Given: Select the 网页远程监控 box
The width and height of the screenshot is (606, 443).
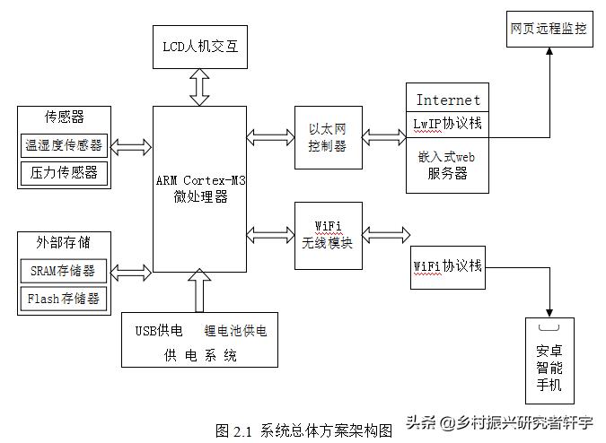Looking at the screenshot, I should [548, 30].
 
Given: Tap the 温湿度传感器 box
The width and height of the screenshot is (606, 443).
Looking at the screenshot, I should [64, 145].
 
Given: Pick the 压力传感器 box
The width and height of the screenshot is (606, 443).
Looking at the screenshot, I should [64, 172].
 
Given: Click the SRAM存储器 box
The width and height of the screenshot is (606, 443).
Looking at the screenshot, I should [64, 270].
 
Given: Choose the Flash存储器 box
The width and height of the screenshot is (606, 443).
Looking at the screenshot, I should [64, 298].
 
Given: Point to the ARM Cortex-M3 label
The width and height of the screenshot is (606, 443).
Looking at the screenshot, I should [199, 180].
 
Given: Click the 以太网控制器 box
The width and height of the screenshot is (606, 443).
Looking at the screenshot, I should [328, 137].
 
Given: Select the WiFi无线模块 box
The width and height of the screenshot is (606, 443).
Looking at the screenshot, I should [328, 235].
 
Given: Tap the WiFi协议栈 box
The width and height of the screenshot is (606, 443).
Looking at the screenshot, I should [448, 267].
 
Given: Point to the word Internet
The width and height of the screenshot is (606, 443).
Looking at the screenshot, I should [448, 100].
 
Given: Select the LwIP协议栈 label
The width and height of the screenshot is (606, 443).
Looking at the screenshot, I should [448, 124].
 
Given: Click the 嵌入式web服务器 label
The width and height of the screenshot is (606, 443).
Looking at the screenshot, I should [448, 165].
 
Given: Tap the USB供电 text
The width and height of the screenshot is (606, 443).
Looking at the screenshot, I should [158, 330].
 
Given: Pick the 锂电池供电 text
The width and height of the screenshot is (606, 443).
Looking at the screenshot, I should [235, 330].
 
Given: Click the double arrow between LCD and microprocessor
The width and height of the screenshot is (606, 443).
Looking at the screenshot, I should [199, 87].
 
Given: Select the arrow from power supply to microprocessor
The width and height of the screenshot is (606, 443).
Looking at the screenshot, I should [199, 292].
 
